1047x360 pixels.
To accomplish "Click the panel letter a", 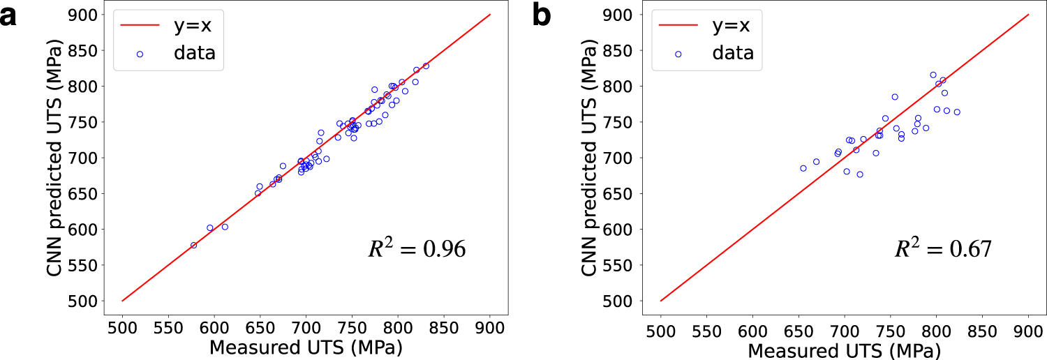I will [10, 15].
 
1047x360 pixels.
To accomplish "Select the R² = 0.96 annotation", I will [417, 249].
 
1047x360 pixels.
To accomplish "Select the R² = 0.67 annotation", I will [943, 249].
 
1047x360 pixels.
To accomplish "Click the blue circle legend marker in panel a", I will [140, 54].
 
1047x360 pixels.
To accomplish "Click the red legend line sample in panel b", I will [678, 26].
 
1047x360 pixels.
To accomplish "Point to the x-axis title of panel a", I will [306, 347].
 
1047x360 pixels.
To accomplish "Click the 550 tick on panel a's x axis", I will [168, 328].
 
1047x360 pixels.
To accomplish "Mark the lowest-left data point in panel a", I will [193, 245].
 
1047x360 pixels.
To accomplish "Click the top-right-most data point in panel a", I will [426, 66].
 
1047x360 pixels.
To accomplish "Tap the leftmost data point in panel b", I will [803, 168].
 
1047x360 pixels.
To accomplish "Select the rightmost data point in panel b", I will [957, 112].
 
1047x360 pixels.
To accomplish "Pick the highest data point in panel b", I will [933, 75].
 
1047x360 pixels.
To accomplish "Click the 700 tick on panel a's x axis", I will [306, 328].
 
